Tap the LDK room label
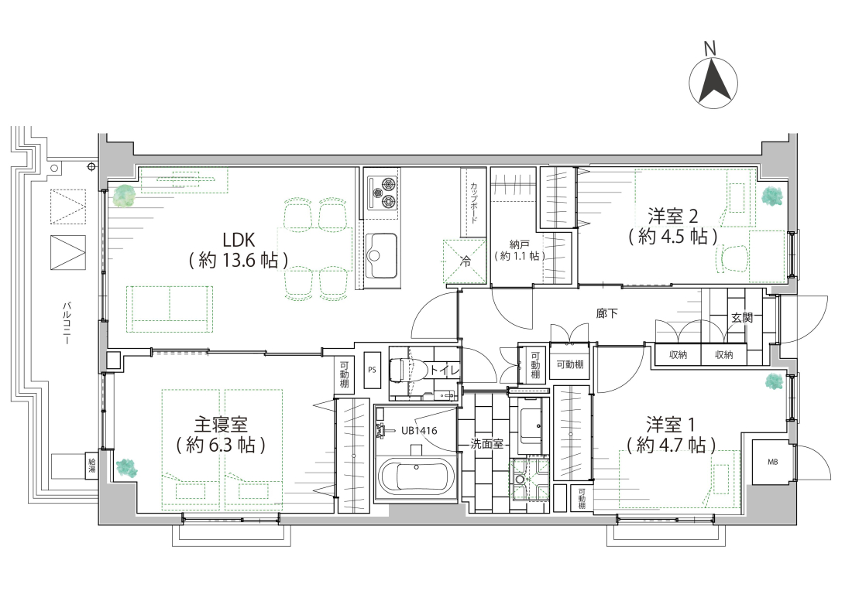pos(239,239)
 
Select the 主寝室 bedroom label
pos(221,424)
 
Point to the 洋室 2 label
pos(672,217)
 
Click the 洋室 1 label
pos(670,424)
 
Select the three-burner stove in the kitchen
pos(383,193)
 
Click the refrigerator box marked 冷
pos(465,261)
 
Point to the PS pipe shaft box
pos(373,370)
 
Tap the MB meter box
pos(772,462)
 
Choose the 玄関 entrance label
pos(742,318)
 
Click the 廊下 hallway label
pos(606,313)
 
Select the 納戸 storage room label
pos(520,244)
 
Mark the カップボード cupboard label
pos(474,203)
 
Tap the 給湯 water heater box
pos(92,466)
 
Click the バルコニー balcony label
pos(64,324)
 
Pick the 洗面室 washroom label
pos(486,444)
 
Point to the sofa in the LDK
pos(170,309)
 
